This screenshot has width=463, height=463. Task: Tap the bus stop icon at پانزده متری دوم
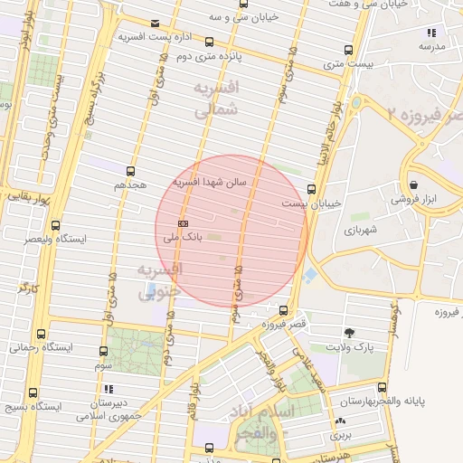tap(210, 42)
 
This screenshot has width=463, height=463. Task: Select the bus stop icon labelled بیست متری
tap(349, 50)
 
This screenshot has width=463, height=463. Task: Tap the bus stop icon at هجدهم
tap(131, 170)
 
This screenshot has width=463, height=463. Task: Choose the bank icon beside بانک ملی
tap(184, 222)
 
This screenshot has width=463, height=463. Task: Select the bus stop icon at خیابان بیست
tap(312, 190)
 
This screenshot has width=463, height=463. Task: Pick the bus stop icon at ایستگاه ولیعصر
tap(56, 225)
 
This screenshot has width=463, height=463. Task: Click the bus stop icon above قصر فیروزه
tap(285, 309)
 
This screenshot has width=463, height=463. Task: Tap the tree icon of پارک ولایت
tap(349, 333)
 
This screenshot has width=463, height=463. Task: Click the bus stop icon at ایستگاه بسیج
tap(33, 392)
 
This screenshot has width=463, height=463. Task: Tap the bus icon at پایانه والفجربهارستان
tap(382, 386)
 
